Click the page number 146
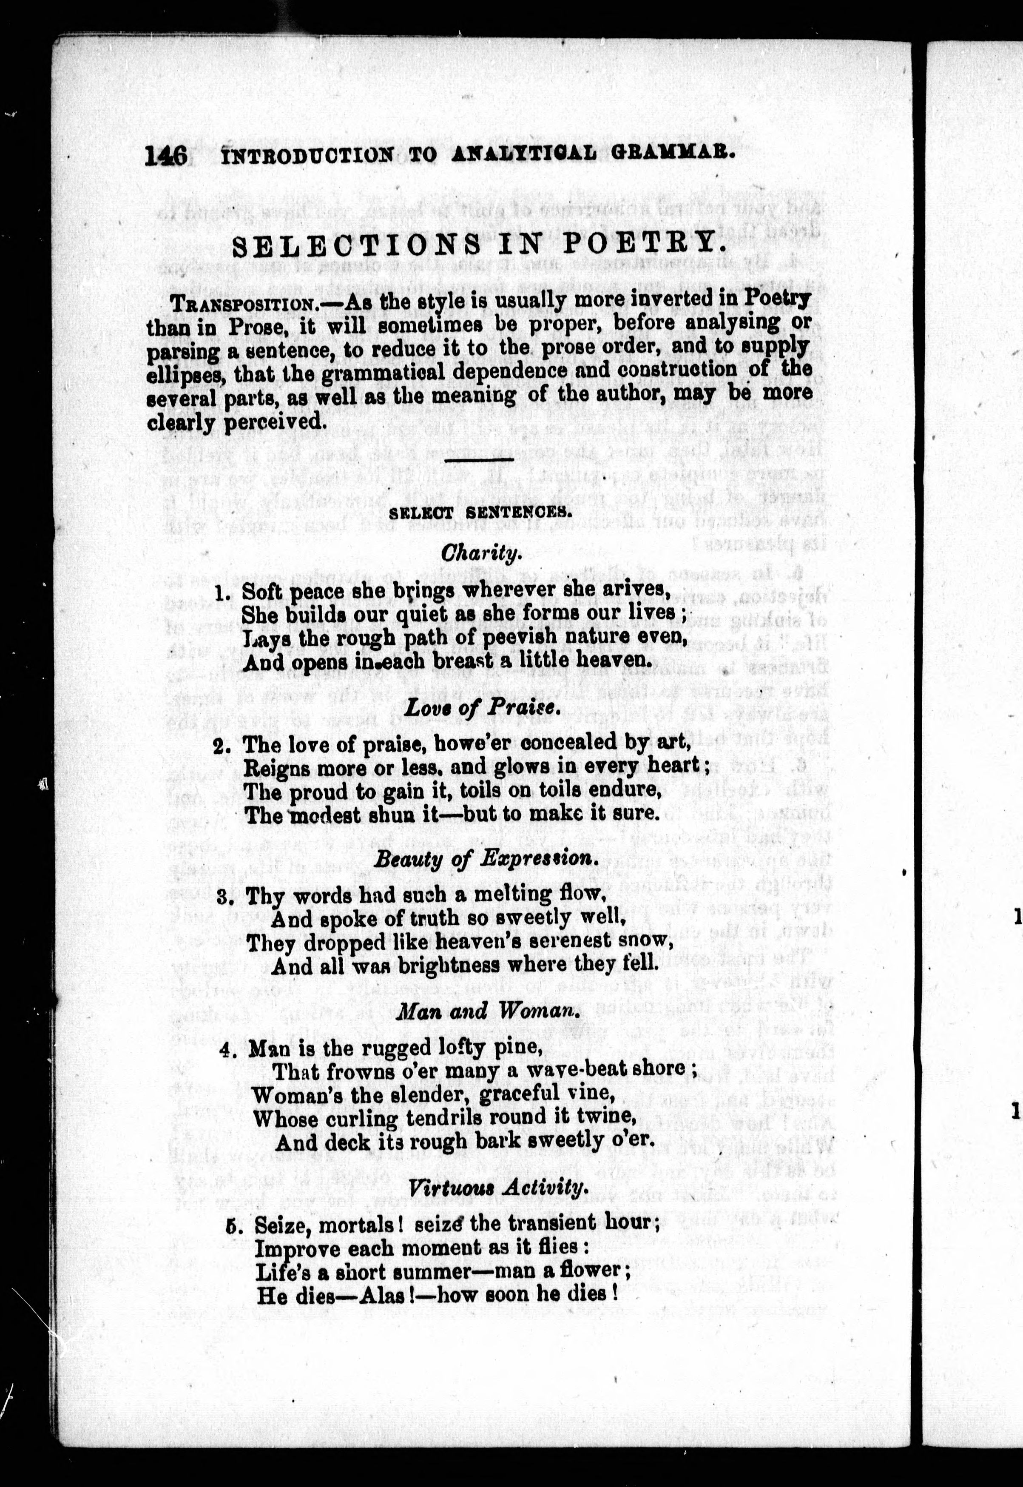pyautogui.click(x=166, y=156)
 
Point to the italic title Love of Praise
pyautogui.click(x=482, y=707)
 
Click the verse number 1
pyautogui.click(x=222, y=592)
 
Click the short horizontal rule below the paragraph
pyautogui.click(x=479, y=460)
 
